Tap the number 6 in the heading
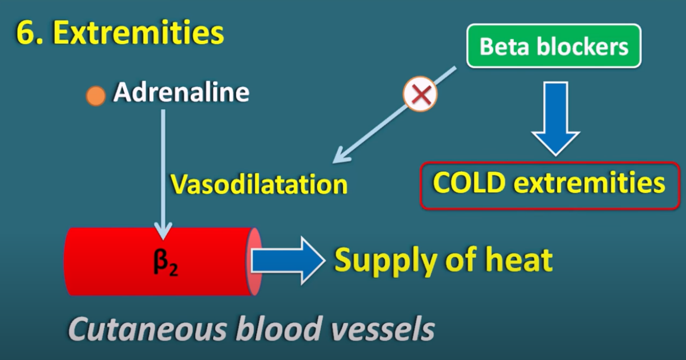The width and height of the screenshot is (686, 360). [25, 33]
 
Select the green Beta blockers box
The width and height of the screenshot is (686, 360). [554, 46]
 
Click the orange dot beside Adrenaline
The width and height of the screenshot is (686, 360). [96, 96]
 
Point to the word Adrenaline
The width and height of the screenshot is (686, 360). [181, 92]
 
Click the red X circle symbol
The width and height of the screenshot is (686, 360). [420, 94]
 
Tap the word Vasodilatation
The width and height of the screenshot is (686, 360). [259, 184]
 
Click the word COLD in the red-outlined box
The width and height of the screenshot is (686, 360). [469, 183]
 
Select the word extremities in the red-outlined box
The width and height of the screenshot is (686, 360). [589, 183]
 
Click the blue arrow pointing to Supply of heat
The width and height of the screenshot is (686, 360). [288, 261]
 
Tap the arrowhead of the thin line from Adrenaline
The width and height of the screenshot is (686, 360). [163, 232]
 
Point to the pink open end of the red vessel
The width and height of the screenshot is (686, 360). [254, 262]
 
